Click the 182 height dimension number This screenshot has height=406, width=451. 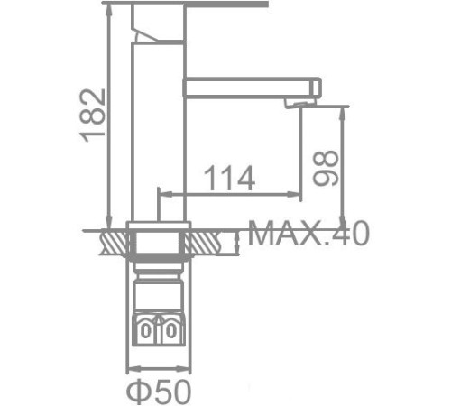click(93, 114)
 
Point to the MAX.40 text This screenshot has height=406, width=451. click(308, 235)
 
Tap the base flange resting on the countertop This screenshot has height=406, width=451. click(160, 225)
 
